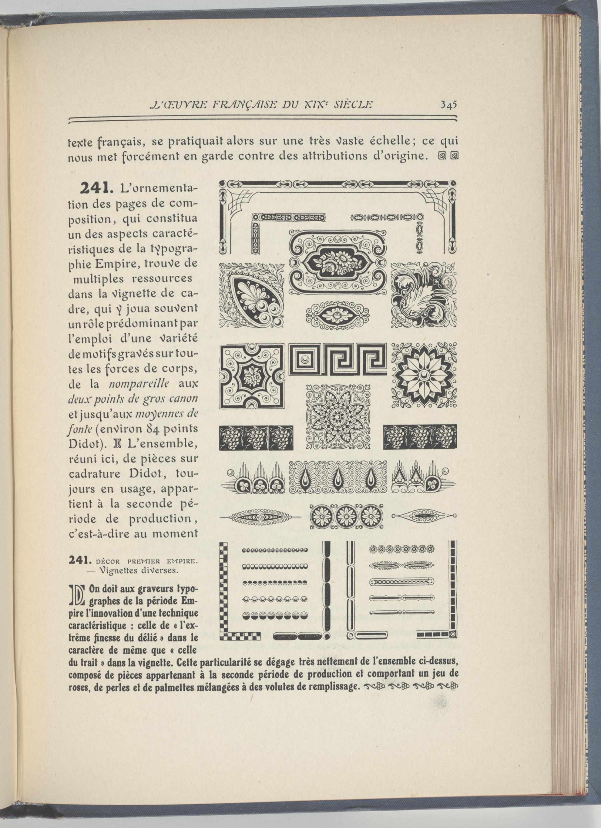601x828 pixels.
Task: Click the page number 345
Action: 448,105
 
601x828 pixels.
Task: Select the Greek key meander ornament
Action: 337,359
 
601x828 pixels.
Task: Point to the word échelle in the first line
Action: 391,141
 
